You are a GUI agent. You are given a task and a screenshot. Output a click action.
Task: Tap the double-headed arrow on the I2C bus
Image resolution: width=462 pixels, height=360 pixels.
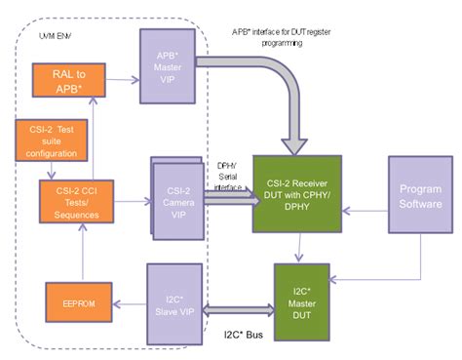click(x=238, y=310)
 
